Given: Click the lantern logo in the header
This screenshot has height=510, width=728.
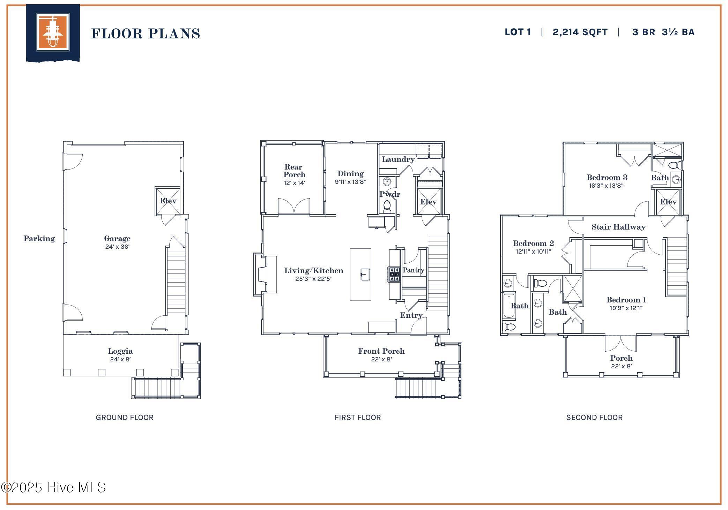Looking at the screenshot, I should [x=53, y=32].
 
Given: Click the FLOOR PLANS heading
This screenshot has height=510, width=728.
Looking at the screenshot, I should [x=146, y=33].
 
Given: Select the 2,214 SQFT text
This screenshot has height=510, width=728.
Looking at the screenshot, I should [x=580, y=32].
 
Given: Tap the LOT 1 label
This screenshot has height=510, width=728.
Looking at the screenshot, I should [x=518, y=32].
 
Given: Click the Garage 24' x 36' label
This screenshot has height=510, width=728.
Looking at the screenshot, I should [x=117, y=242].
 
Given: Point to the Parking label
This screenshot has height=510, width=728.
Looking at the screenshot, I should [x=39, y=238].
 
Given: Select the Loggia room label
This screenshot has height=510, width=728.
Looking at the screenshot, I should [x=120, y=351].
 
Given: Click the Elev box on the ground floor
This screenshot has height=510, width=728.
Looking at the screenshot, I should [x=168, y=201].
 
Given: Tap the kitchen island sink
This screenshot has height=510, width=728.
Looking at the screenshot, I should [x=365, y=275].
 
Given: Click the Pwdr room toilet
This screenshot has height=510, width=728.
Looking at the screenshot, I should [x=387, y=207].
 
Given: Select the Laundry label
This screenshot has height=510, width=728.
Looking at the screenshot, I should [x=398, y=159].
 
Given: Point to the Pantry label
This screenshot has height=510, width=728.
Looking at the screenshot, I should [x=413, y=270].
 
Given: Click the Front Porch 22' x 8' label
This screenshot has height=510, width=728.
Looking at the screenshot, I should [x=381, y=354].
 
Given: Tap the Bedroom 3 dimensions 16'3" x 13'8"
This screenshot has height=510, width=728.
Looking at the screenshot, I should [x=606, y=186].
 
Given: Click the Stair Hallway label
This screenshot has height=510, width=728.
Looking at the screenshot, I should [x=618, y=227].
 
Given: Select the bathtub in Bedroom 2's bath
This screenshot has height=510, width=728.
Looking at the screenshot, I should [x=509, y=306].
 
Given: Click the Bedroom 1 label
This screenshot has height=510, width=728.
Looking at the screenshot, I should [x=626, y=300].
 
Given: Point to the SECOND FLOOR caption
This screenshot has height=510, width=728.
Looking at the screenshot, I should [x=594, y=417].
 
